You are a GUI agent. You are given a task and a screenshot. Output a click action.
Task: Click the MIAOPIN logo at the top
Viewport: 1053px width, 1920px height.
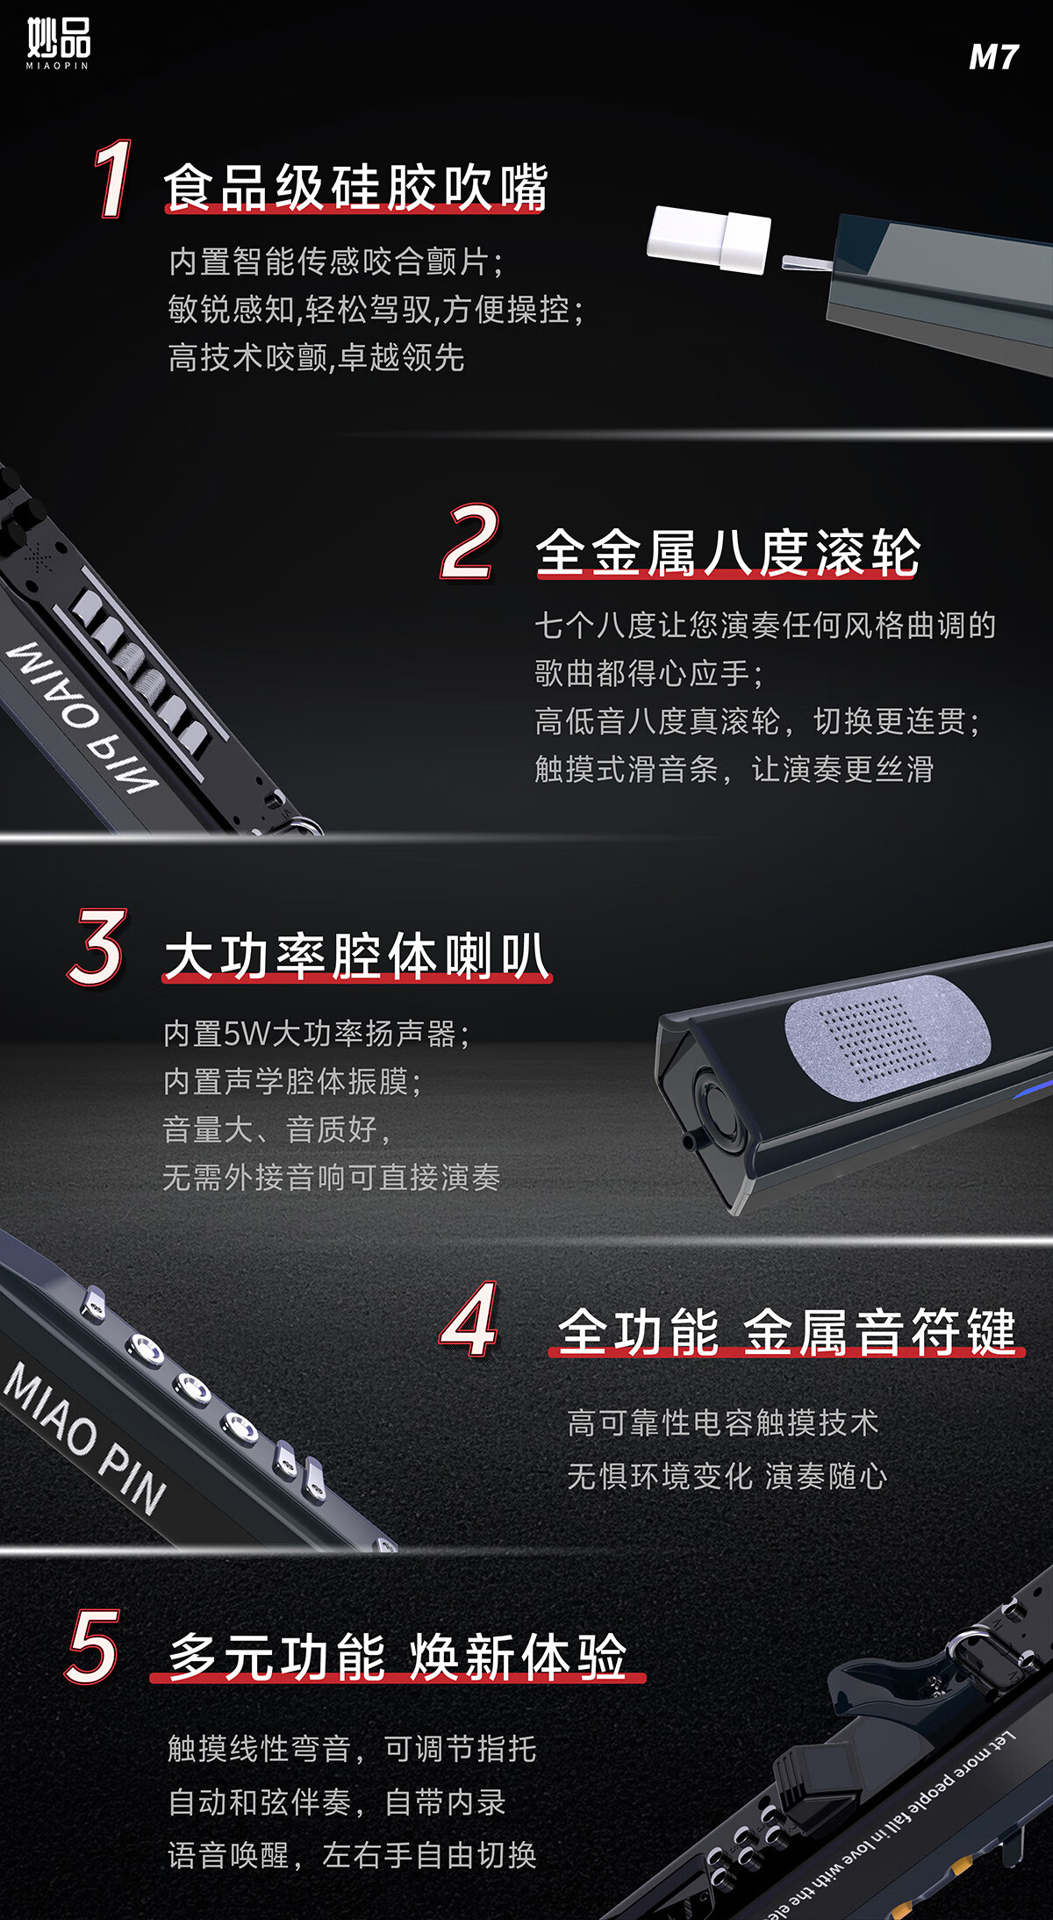click(58, 43)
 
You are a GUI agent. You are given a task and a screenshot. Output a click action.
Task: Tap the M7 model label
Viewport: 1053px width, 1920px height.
click(993, 58)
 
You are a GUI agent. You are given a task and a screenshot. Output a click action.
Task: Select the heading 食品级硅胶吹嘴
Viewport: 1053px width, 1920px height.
click(355, 187)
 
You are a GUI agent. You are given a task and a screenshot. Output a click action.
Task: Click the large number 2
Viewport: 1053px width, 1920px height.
click(470, 541)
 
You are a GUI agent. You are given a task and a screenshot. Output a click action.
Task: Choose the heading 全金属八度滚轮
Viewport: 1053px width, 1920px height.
click(727, 553)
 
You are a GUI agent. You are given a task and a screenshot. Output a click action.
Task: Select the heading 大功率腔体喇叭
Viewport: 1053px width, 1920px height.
click(356, 956)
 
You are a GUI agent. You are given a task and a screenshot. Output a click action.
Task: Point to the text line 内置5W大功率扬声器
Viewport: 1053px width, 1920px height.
click(317, 1034)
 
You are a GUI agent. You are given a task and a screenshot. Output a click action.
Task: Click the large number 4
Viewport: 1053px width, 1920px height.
click(470, 1320)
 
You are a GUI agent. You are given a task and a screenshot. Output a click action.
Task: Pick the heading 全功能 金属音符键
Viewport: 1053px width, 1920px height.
click(786, 1331)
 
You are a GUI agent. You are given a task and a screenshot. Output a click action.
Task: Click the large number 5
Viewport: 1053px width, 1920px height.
click(93, 1647)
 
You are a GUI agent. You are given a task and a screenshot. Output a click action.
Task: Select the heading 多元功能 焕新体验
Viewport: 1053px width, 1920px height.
click(398, 1657)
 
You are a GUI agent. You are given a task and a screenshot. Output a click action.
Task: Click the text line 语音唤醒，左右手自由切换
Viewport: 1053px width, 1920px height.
click(352, 1855)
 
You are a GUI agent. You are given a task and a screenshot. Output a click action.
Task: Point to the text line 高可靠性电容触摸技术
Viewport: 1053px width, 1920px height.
click(722, 1422)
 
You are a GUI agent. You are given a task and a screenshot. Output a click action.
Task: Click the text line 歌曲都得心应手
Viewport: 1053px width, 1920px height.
click(648, 673)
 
